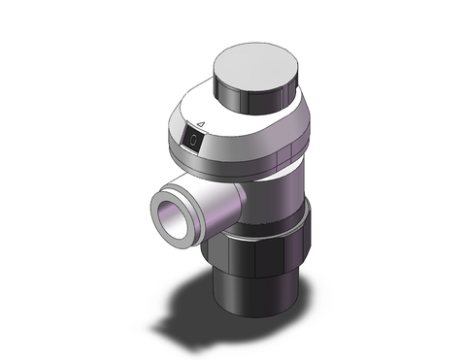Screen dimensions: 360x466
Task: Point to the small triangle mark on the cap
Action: (199, 124)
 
